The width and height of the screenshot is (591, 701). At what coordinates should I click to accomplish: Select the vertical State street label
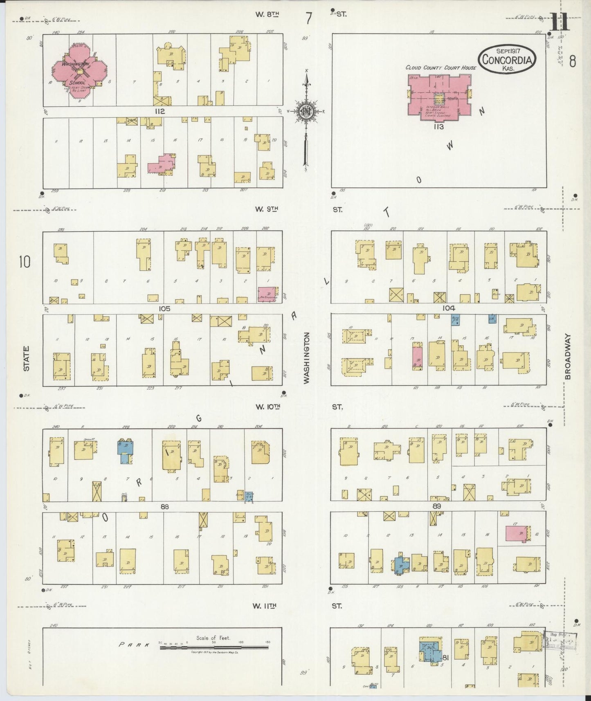(26, 359)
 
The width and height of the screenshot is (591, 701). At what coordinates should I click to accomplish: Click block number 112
(160, 111)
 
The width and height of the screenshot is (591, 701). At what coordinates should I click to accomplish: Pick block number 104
(449, 308)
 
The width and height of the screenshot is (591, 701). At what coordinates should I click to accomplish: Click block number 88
(165, 506)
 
